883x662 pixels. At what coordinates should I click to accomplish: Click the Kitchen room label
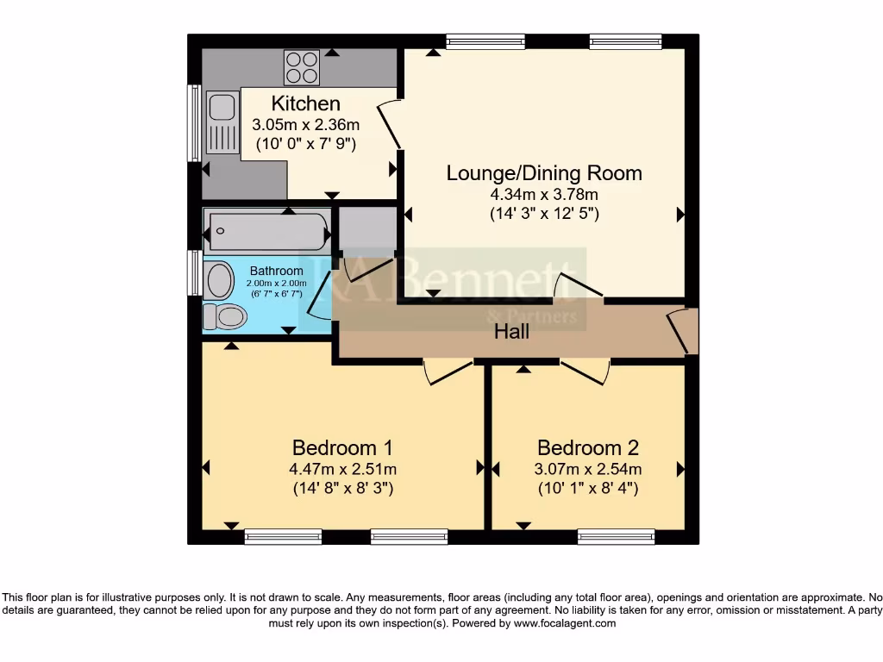click(x=300, y=103)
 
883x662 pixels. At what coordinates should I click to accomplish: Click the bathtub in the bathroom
click(x=267, y=230)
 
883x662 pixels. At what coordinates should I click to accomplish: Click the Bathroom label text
click(x=276, y=271)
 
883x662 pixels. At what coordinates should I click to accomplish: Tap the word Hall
click(x=511, y=331)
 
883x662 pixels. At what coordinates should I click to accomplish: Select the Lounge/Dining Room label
click(x=544, y=173)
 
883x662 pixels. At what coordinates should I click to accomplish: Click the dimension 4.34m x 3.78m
click(x=544, y=195)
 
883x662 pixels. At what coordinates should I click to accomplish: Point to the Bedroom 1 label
click(x=342, y=448)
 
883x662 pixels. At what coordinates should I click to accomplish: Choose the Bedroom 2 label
click(x=588, y=448)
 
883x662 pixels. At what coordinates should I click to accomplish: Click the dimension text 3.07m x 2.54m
click(x=588, y=470)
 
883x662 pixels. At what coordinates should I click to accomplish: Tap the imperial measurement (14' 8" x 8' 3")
click(x=342, y=489)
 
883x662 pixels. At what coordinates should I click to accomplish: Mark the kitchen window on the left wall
click(x=195, y=122)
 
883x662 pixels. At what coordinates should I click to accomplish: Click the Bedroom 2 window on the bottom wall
click(x=616, y=537)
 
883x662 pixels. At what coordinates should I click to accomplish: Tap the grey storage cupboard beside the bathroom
click(x=366, y=229)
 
